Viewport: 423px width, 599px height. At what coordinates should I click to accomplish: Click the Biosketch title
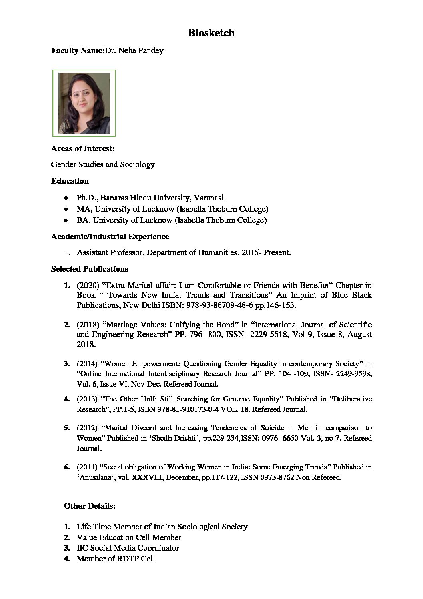[211, 33]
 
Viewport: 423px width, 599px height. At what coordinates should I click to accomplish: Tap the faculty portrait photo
[84, 103]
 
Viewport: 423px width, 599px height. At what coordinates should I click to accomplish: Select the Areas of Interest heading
[83, 149]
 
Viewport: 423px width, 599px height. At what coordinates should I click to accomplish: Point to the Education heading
[70, 181]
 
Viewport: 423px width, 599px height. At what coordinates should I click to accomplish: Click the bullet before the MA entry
[66, 209]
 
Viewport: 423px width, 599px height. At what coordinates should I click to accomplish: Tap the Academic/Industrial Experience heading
[110, 237]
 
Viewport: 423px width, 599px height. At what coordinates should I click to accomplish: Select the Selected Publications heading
[90, 269]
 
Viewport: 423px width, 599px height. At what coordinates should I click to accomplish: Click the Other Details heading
[90, 506]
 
